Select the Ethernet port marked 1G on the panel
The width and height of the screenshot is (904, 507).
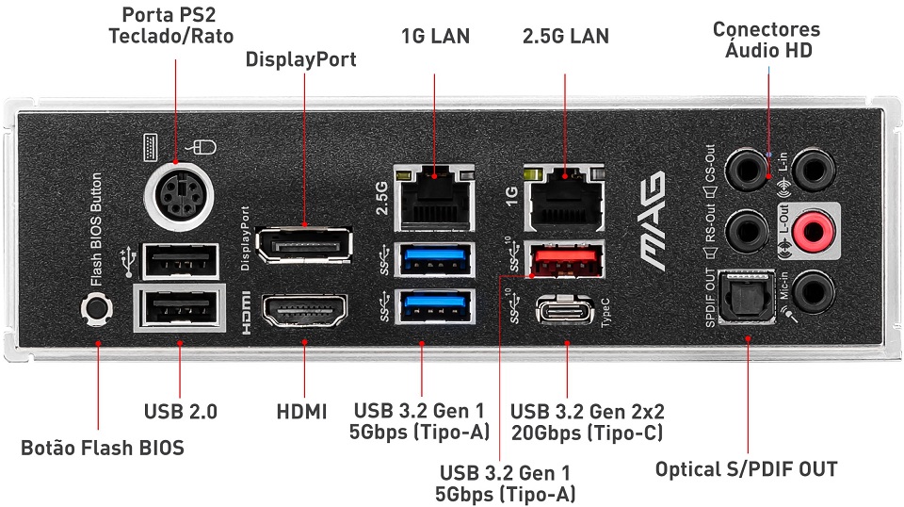click(x=565, y=200)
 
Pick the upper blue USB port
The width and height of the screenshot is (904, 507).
click(x=434, y=258)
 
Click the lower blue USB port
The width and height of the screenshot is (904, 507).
click(x=434, y=307)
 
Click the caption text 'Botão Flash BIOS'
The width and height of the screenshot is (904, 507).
click(x=103, y=448)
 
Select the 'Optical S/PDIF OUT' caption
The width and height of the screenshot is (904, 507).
click(x=746, y=468)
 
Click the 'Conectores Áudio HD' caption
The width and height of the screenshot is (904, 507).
click(x=766, y=40)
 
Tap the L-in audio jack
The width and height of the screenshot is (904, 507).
click(x=812, y=171)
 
